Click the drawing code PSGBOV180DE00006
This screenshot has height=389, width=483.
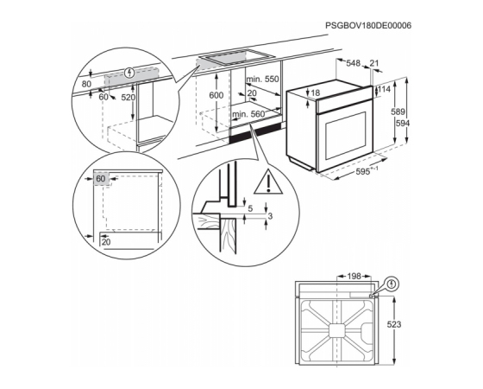tap(368, 26)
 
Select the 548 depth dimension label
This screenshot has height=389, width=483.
tap(353, 63)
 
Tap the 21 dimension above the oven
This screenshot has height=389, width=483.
tap(374, 63)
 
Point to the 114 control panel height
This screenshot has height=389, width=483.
tap(384, 89)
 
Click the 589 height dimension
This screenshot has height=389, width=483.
tap(398, 112)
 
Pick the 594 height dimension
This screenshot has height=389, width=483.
tap(403, 123)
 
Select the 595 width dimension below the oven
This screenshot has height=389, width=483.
tap(363, 172)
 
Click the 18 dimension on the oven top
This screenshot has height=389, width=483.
tap(316, 92)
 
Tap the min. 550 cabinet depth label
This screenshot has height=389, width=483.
tap(262, 79)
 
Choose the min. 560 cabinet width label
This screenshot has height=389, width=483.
tap(248, 114)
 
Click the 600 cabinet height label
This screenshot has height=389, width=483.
tap(216, 95)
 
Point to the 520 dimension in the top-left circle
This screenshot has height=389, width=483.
tap(128, 98)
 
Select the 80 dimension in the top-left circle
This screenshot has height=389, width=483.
tap(86, 84)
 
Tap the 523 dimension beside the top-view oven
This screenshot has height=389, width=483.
tap(394, 324)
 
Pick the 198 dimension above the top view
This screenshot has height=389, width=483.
tap(354, 277)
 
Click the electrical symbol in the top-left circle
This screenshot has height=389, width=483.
tap(130, 73)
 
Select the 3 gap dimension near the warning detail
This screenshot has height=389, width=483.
tap(270, 216)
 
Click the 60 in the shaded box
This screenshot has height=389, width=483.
tap(101, 179)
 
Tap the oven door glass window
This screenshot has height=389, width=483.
tap(345, 135)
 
